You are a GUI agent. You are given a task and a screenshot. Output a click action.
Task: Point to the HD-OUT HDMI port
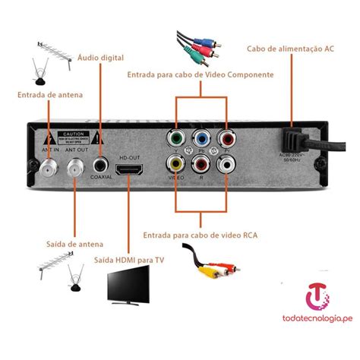click(128, 165)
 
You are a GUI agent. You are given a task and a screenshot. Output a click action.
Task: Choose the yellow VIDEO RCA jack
click(175, 163)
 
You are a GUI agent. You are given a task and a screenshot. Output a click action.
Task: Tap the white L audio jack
click(226, 163)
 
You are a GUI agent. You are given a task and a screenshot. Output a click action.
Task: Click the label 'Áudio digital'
click(100, 58)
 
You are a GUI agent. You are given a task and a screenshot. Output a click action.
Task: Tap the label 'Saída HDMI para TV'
click(128, 259)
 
